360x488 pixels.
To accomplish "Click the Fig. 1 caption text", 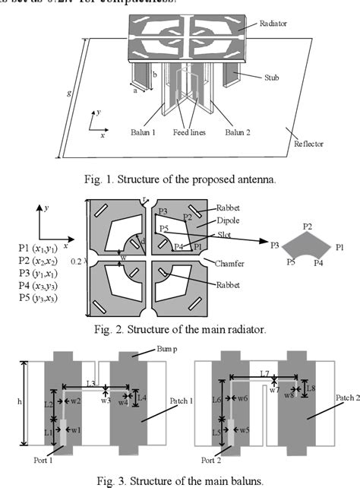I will point(179,180).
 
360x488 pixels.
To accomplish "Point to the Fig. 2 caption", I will point(179,328).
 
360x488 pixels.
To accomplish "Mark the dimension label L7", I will point(264,374).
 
